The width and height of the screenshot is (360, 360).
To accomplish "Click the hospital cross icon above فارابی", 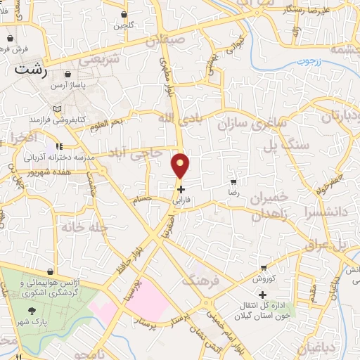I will click(x=181, y=189).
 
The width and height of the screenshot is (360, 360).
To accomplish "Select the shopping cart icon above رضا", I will click(x=233, y=181).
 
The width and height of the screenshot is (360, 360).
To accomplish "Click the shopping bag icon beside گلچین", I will click(x=124, y=14).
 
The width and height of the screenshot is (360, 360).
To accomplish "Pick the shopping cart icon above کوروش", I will click(x=263, y=268).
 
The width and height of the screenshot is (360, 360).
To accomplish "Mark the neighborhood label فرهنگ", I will click(x=197, y=281).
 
